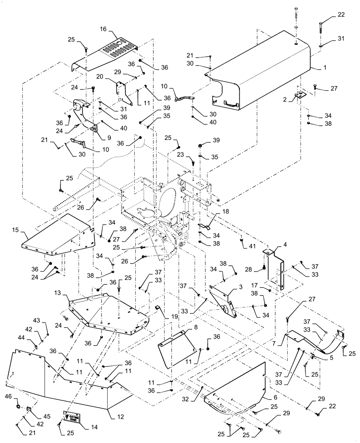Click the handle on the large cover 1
coord(232,103)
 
